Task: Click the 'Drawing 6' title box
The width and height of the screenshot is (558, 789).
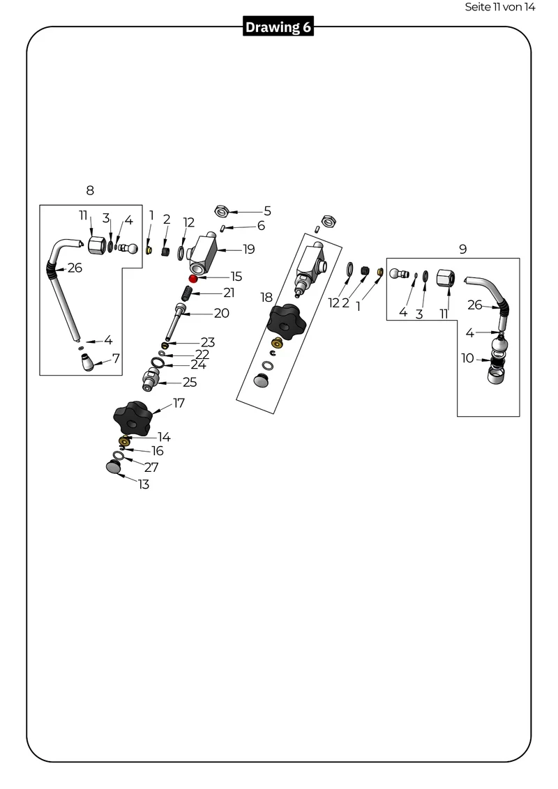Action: [278, 26]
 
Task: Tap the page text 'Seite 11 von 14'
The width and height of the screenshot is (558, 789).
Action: [499, 7]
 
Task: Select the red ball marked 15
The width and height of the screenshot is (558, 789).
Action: [193, 278]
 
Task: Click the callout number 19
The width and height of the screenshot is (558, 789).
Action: [249, 249]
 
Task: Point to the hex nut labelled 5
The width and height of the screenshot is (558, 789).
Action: [222, 211]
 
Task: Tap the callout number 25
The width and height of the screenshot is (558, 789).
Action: [190, 383]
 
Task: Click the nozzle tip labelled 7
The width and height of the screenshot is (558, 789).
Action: [89, 362]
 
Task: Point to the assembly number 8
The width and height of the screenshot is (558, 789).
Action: [90, 190]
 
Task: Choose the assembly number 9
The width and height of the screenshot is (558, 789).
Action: [463, 249]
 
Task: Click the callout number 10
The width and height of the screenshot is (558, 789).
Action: [467, 358]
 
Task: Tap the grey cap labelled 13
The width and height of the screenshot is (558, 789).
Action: [114, 466]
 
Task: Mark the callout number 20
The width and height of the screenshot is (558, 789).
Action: [222, 313]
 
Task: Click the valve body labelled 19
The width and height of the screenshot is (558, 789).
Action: [202, 251]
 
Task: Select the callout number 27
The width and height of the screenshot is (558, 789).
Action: [151, 467]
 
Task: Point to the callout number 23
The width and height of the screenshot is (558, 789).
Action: [208, 342]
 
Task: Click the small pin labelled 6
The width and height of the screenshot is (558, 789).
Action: [223, 229]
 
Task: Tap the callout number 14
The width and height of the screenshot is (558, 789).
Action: [164, 437]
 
